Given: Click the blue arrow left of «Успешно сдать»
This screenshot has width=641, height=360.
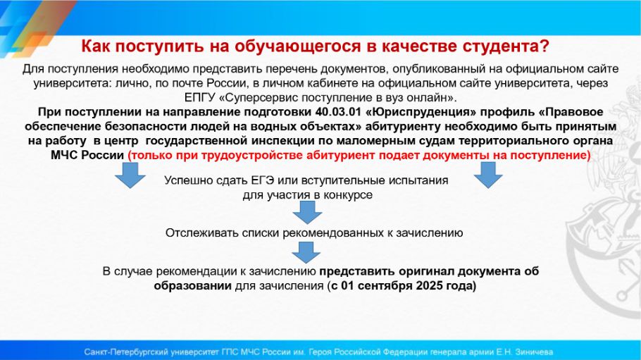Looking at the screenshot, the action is (x=130, y=175).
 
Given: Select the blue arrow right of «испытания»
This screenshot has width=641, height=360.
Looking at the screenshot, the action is (x=488, y=175).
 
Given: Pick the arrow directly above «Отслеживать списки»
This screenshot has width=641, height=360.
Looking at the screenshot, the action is (x=307, y=212).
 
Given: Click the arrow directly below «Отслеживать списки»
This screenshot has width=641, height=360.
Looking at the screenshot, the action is (x=306, y=252).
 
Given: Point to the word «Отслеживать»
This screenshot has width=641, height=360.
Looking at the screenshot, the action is (x=202, y=233).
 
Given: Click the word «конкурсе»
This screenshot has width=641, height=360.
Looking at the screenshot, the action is (x=348, y=195).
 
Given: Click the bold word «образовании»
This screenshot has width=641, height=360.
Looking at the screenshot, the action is (x=192, y=285).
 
